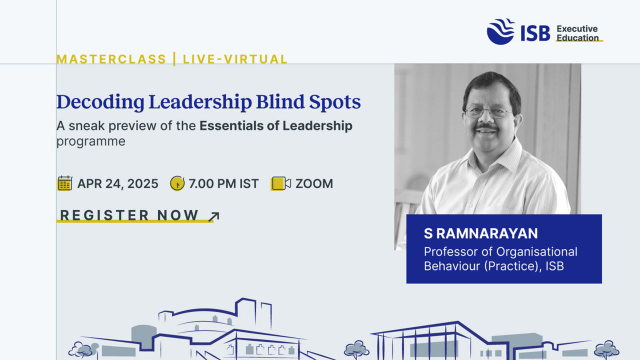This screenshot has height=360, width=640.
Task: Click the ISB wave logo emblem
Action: click(x=500, y=31)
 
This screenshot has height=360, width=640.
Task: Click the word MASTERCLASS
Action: click(x=111, y=59)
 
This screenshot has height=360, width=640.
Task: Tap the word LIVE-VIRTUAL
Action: click(x=235, y=59)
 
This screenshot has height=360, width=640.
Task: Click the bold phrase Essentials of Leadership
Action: click(x=276, y=125)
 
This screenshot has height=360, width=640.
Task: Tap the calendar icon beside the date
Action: click(x=65, y=183)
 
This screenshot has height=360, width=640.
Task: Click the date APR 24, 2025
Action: click(x=117, y=183)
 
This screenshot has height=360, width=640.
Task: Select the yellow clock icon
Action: click(x=177, y=183)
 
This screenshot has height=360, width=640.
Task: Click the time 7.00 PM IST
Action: click(x=223, y=183)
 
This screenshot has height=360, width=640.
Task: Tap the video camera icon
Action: click(x=281, y=183)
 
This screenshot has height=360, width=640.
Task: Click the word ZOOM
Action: click(x=314, y=183)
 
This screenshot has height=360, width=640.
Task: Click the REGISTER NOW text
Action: click(x=129, y=215)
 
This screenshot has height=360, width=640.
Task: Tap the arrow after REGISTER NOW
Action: click(x=213, y=217)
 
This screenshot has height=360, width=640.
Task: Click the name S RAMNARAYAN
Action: click(x=481, y=233)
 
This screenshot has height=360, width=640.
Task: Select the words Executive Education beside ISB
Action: click(x=577, y=33)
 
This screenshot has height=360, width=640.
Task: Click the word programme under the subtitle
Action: click(x=91, y=141)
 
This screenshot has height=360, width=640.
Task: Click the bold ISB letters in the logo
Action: click(x=535, y=33)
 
